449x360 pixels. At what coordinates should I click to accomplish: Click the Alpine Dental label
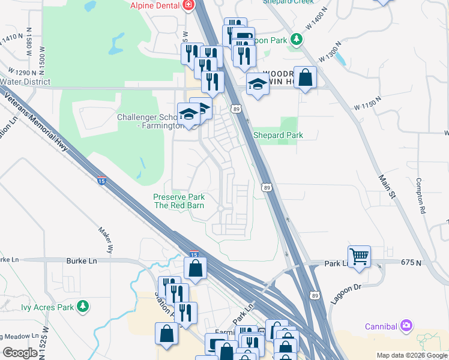coord(155,5)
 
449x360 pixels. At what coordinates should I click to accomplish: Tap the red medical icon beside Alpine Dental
coord(188,5)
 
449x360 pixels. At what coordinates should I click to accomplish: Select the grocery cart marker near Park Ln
coord(359,256)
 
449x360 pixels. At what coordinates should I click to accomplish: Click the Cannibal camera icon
coord(406,326)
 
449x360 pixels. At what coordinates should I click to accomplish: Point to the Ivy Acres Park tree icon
coord(83,306)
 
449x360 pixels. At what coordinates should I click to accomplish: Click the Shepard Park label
coord(278,135)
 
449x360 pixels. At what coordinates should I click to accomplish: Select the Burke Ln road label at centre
coord(84,261)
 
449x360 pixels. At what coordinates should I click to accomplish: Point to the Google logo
coord(21,353)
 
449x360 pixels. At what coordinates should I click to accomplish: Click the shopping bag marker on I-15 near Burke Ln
coord(196,268)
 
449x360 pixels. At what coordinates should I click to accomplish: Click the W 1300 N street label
coord(331,51)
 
